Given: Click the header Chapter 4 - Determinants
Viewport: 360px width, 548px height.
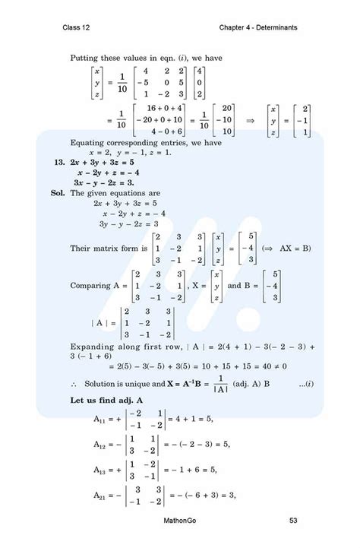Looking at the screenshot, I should [258, 28].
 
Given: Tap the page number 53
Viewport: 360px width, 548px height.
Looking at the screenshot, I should [293, 521].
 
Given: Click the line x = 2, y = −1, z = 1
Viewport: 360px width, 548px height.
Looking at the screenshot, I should [129, 152].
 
